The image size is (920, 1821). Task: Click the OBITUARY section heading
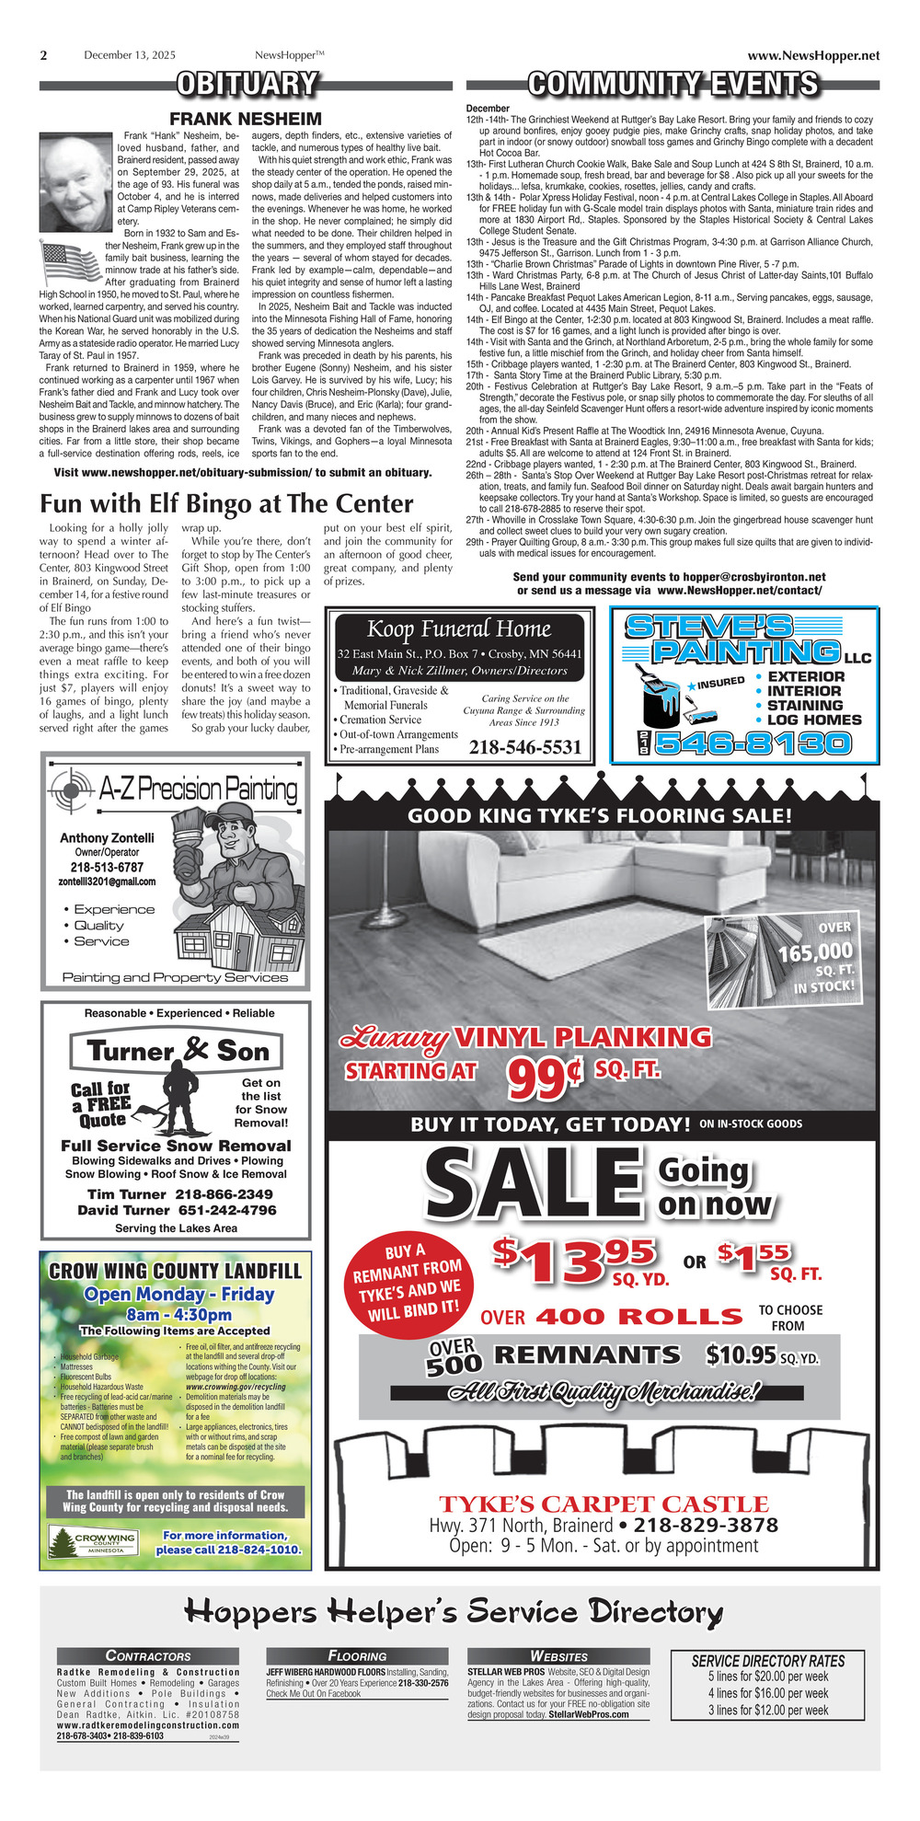pyautogui.click(x=247, y=85)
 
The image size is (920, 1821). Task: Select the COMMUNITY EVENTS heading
pyautogui.click(x=673, y=85)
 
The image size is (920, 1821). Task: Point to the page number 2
pyautogui.click(x=43, y=55)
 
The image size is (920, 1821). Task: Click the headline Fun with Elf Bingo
pyautogui.click(x=226, y=503)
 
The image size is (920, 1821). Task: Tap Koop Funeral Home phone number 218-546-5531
pyautogui.click(x=524, y=747)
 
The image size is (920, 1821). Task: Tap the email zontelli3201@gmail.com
pyautogui.click(x=107, y=882)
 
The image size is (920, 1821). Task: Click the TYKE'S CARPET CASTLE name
pyautogui.click(x=603, y=1504)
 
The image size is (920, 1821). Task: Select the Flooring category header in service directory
pyautogui.click(x=357, y=1655)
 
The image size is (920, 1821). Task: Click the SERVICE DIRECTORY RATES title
pyautogui.click(x=767, y=1661)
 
